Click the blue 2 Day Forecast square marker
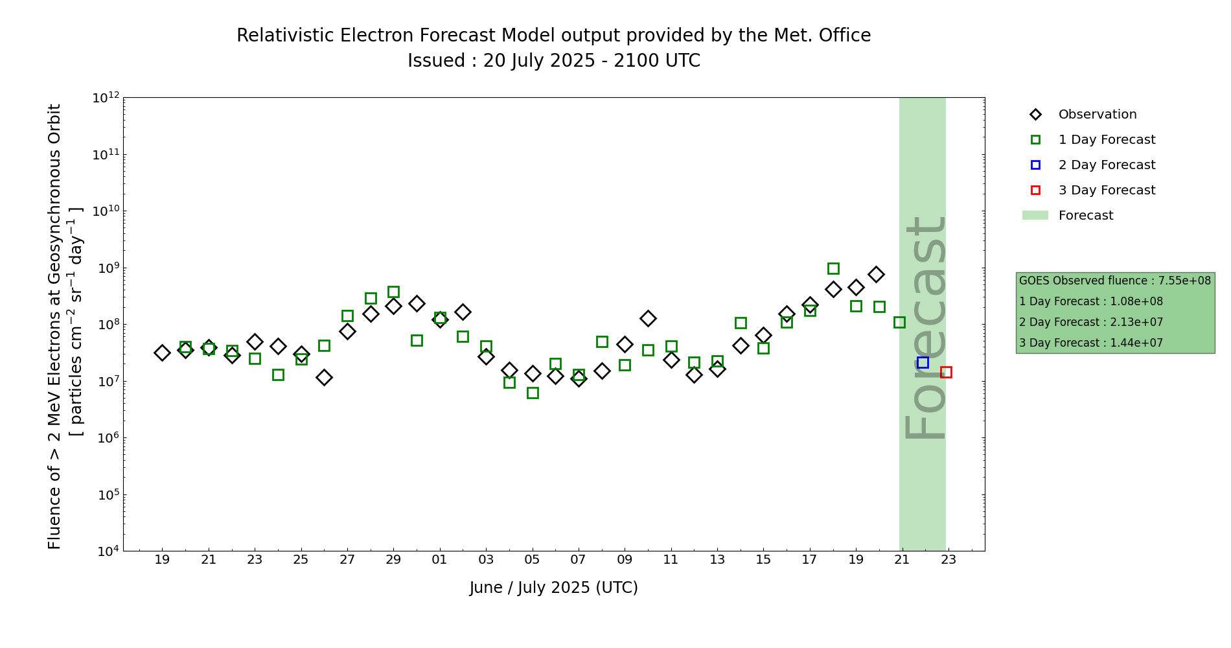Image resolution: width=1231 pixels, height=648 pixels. [x=923, y=362]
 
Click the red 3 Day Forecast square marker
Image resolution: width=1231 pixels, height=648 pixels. [x=946, y=372]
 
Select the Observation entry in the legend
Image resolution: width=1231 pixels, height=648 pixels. [x=1097, y=115]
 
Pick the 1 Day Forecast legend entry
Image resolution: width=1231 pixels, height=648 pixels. [x=1107, y=140]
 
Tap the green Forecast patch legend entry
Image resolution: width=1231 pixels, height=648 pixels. [x=1085, y=216]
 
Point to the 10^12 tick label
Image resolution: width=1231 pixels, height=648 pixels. [x=106, y=98]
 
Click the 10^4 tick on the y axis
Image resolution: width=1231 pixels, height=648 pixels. [x=106, y=551]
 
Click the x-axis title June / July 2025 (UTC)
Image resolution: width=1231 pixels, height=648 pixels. [x=553, y=588]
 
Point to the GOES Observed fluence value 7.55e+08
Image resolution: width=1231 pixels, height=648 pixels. [x=1184, y=281]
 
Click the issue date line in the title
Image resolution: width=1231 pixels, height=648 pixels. [x=553, y=61]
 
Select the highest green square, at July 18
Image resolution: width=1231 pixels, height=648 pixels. [x=833, y=268]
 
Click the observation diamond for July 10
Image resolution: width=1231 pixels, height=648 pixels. [x=648, y=318]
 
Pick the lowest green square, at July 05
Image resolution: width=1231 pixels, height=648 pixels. [x=533, y=393]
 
